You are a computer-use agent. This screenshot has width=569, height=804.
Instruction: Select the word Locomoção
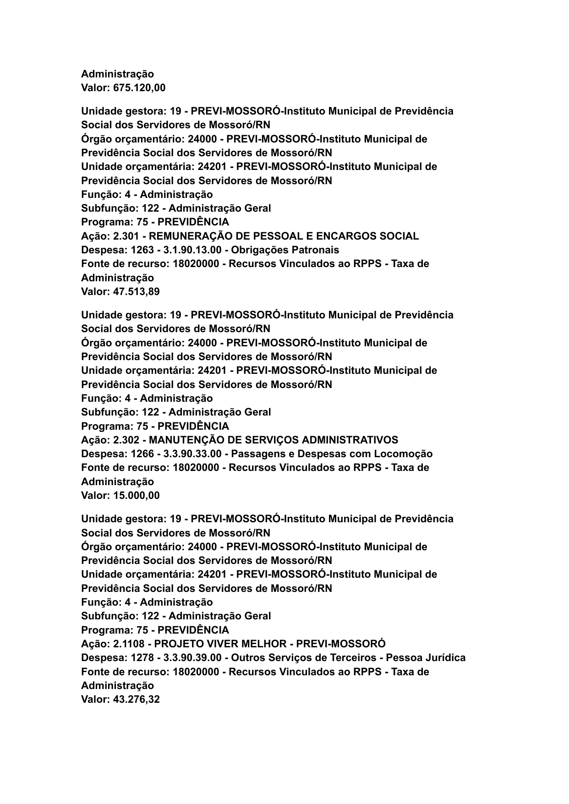click(x=403, y=454)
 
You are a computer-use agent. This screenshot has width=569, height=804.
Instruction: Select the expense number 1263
click(x=142, y=250)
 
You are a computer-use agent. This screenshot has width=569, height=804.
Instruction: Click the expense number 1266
click(x=142, y=454)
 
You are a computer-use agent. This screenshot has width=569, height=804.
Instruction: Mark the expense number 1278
click(x=142, y=658)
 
